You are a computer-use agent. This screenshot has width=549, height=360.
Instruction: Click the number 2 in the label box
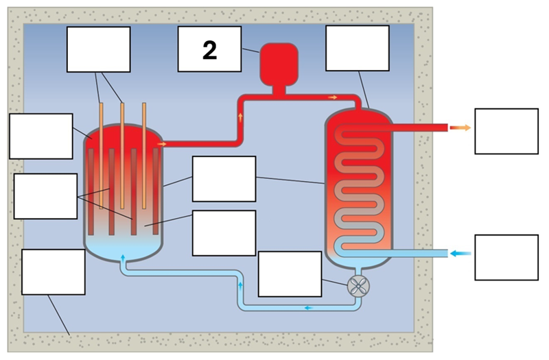pos(209,49)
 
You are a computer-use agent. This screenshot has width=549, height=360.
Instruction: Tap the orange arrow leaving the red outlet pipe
pos(464,128)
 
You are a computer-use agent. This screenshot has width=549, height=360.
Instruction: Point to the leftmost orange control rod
pos(101,154)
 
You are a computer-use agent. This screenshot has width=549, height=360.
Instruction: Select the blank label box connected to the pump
pos(290,274)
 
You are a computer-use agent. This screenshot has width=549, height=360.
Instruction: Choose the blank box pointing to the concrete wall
pos(53,272)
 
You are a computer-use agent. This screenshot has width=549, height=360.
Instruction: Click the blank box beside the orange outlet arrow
pos(506,131)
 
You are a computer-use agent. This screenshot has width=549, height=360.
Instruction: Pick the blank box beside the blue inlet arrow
pos(506,257)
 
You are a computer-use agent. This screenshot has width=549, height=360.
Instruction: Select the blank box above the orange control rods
pos(98,49)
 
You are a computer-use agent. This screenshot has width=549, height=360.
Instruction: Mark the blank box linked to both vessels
pos(224,179)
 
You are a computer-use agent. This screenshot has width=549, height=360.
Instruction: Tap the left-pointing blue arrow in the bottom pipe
pos(309,308)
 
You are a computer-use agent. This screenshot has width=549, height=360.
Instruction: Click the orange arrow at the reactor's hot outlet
pos(162,144)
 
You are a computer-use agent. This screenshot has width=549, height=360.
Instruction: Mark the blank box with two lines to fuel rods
pos(45,196)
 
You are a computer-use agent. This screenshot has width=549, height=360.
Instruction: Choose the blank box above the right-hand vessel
pos(357,48)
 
